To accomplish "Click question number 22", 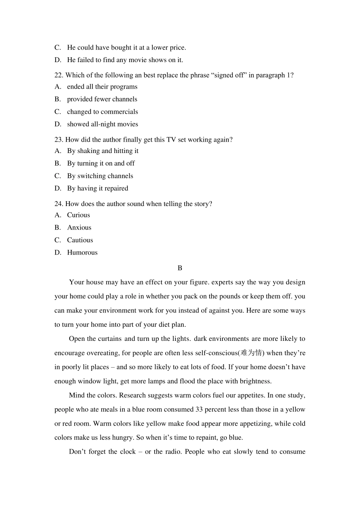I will click(59, 75).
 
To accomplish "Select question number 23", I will click(59, 139).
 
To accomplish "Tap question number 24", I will click(59, 204).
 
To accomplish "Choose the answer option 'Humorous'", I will click(82, 253).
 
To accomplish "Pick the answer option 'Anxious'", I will click(79, 228).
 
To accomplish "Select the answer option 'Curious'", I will click(78, 215).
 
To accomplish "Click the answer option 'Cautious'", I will click(80, 240).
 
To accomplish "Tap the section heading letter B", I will click(180, 268).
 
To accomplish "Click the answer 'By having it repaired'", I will click(98, 188).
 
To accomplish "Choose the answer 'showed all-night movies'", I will click(102, 124).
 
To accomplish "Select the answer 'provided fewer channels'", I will click(102, 99).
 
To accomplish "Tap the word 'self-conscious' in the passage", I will click(216, 353).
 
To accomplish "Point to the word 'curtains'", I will click(110, 339).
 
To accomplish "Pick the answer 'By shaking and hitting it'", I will click(103, 151).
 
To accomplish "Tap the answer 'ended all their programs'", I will click(102, 87).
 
